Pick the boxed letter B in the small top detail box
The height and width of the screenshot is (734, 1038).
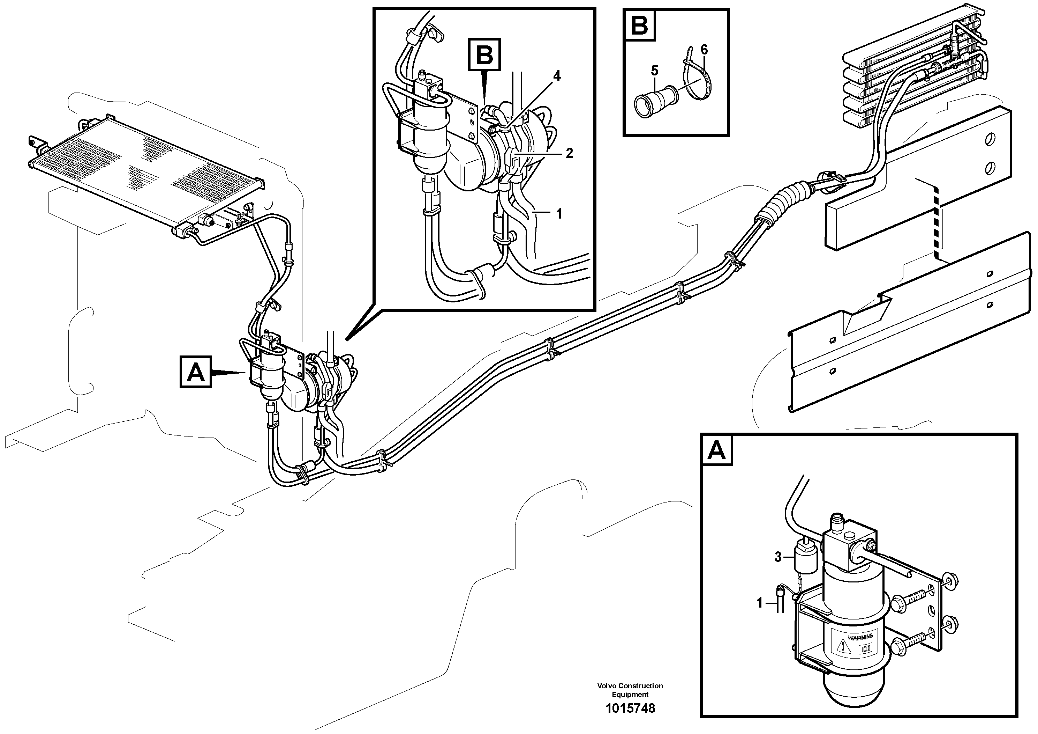coord(640,26)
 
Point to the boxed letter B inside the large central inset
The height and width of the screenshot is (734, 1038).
coord(484,55)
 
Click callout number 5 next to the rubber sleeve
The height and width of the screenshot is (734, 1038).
coord(654,71)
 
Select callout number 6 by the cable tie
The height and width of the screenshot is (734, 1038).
coord(704,49)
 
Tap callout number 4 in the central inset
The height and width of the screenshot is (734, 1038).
coord(557,76)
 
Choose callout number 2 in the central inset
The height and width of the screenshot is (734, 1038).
coord(569,153)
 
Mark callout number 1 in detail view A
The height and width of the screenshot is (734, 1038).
coord(760,603)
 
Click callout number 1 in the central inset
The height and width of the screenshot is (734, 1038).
coord(559,214)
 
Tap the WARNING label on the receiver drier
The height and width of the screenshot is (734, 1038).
coord(860,638)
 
